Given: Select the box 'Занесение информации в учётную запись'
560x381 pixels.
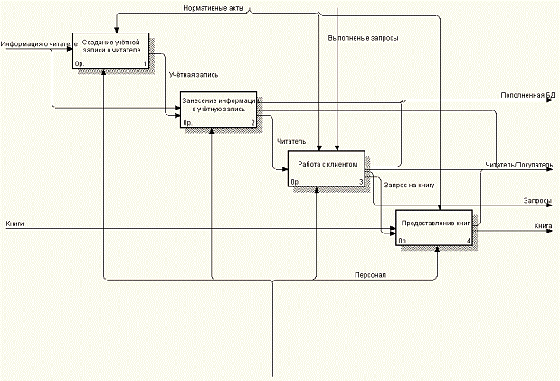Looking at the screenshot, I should [219, 104].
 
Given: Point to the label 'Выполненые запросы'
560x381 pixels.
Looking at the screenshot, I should [363, 38].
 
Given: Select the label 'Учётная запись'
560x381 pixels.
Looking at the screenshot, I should [194, 75].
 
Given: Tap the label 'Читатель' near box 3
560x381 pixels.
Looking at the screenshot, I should [291, 141].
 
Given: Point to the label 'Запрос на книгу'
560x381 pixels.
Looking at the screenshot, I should [410, 185].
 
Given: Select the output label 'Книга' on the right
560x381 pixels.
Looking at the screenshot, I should [543, 224].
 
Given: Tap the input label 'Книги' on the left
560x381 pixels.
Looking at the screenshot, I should [14, 223].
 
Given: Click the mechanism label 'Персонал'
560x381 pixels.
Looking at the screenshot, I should [371, 274].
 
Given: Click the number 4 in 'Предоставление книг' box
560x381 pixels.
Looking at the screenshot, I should [468, 241].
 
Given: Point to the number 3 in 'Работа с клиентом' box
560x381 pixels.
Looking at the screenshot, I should [360, 182].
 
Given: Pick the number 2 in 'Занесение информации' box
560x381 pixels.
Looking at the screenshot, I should [252, 121].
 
